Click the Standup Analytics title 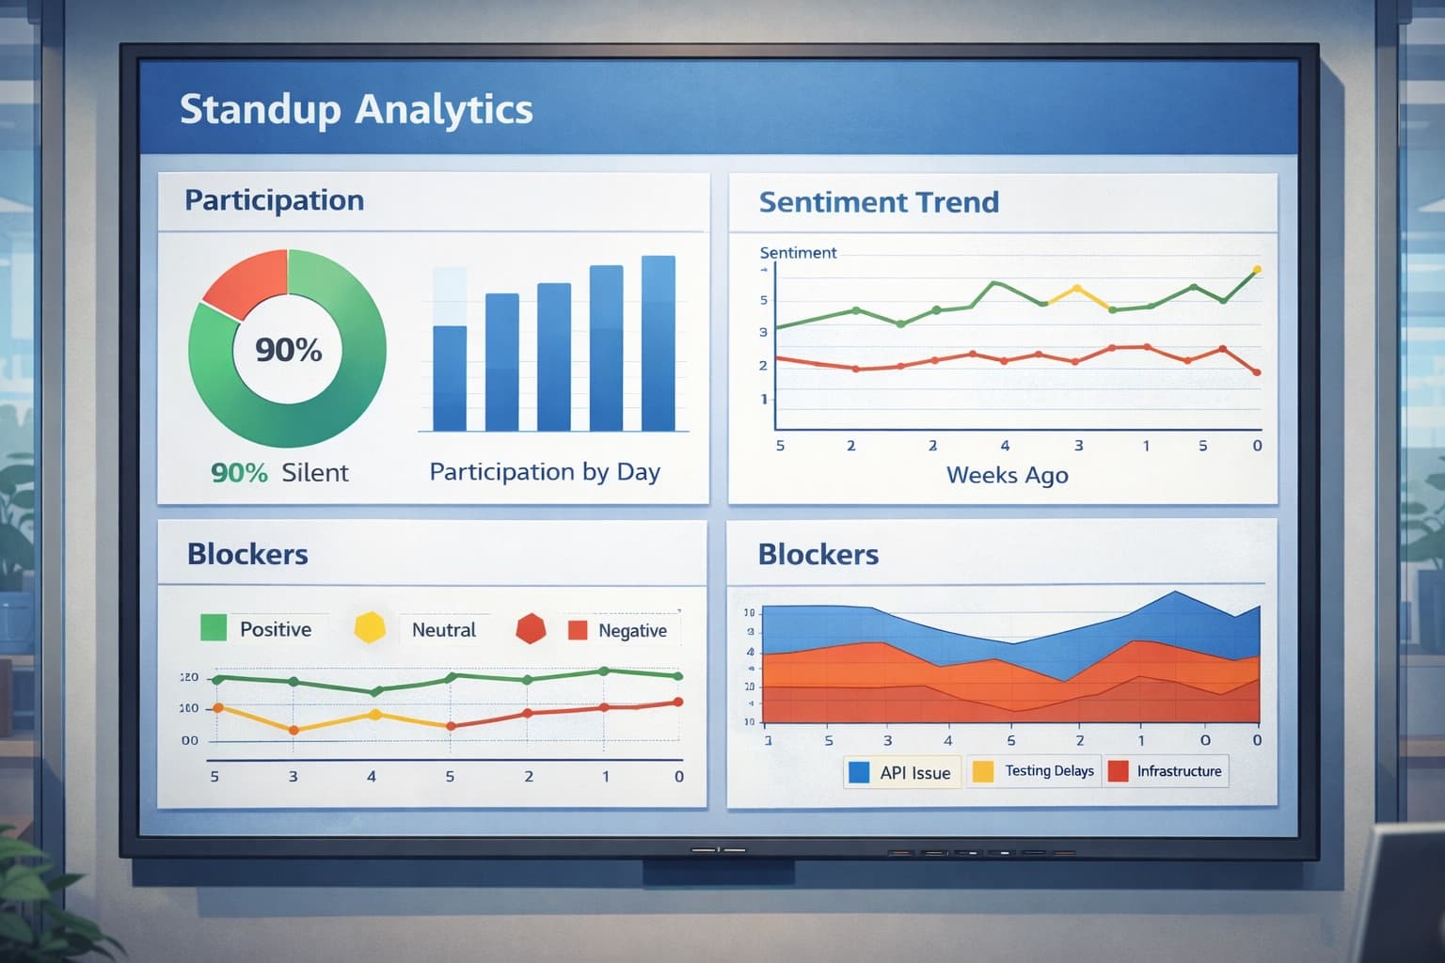click(x=356, y=109)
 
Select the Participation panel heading click(x=274, y=200)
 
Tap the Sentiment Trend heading click(x=879, y=202)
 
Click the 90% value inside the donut click(x=288, y=350)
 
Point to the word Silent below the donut click(x=314, y=473)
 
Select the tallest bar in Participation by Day click(x=658, y=343)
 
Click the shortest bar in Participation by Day click(x=449, y=376)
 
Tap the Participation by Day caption click(x=545, y=472)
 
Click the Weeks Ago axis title click(x=1007, y=475)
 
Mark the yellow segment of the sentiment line click(x=1077, y=294)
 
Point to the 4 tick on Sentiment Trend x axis click(x=1005, y=446)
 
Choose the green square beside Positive click(x=214, y=628)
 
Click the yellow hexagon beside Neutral click(x=370, y=628)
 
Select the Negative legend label click(x=632, y=631)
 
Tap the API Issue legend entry click(x=901, y=773)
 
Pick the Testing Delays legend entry click(x=1035, y=771)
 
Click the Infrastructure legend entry click(x=1167, y=771)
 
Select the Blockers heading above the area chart click(x=818, y=555)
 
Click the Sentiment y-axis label click(x=798, y=253)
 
